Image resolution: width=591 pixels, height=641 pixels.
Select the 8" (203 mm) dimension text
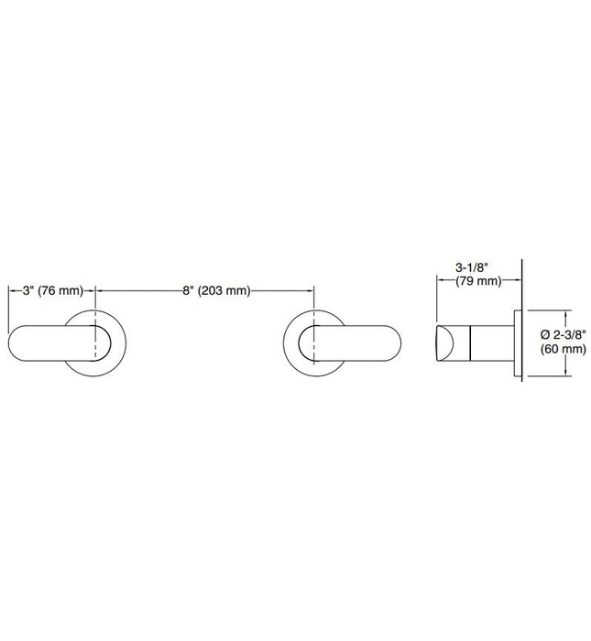click(x=215, y=290)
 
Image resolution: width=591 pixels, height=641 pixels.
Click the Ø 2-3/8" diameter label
click(x=560, y=335)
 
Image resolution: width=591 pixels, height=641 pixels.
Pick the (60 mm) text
click(x=560, y=349)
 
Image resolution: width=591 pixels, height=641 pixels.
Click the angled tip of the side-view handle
click(x=442, y=343)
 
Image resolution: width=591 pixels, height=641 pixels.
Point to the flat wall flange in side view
click(x=518, y=343)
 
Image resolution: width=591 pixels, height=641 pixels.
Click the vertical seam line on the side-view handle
click(x=470, y=343)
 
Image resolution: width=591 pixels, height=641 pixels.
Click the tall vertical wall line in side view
click(x=522, y=275)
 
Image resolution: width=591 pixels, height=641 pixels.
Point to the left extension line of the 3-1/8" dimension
click(x=434, y=302)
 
